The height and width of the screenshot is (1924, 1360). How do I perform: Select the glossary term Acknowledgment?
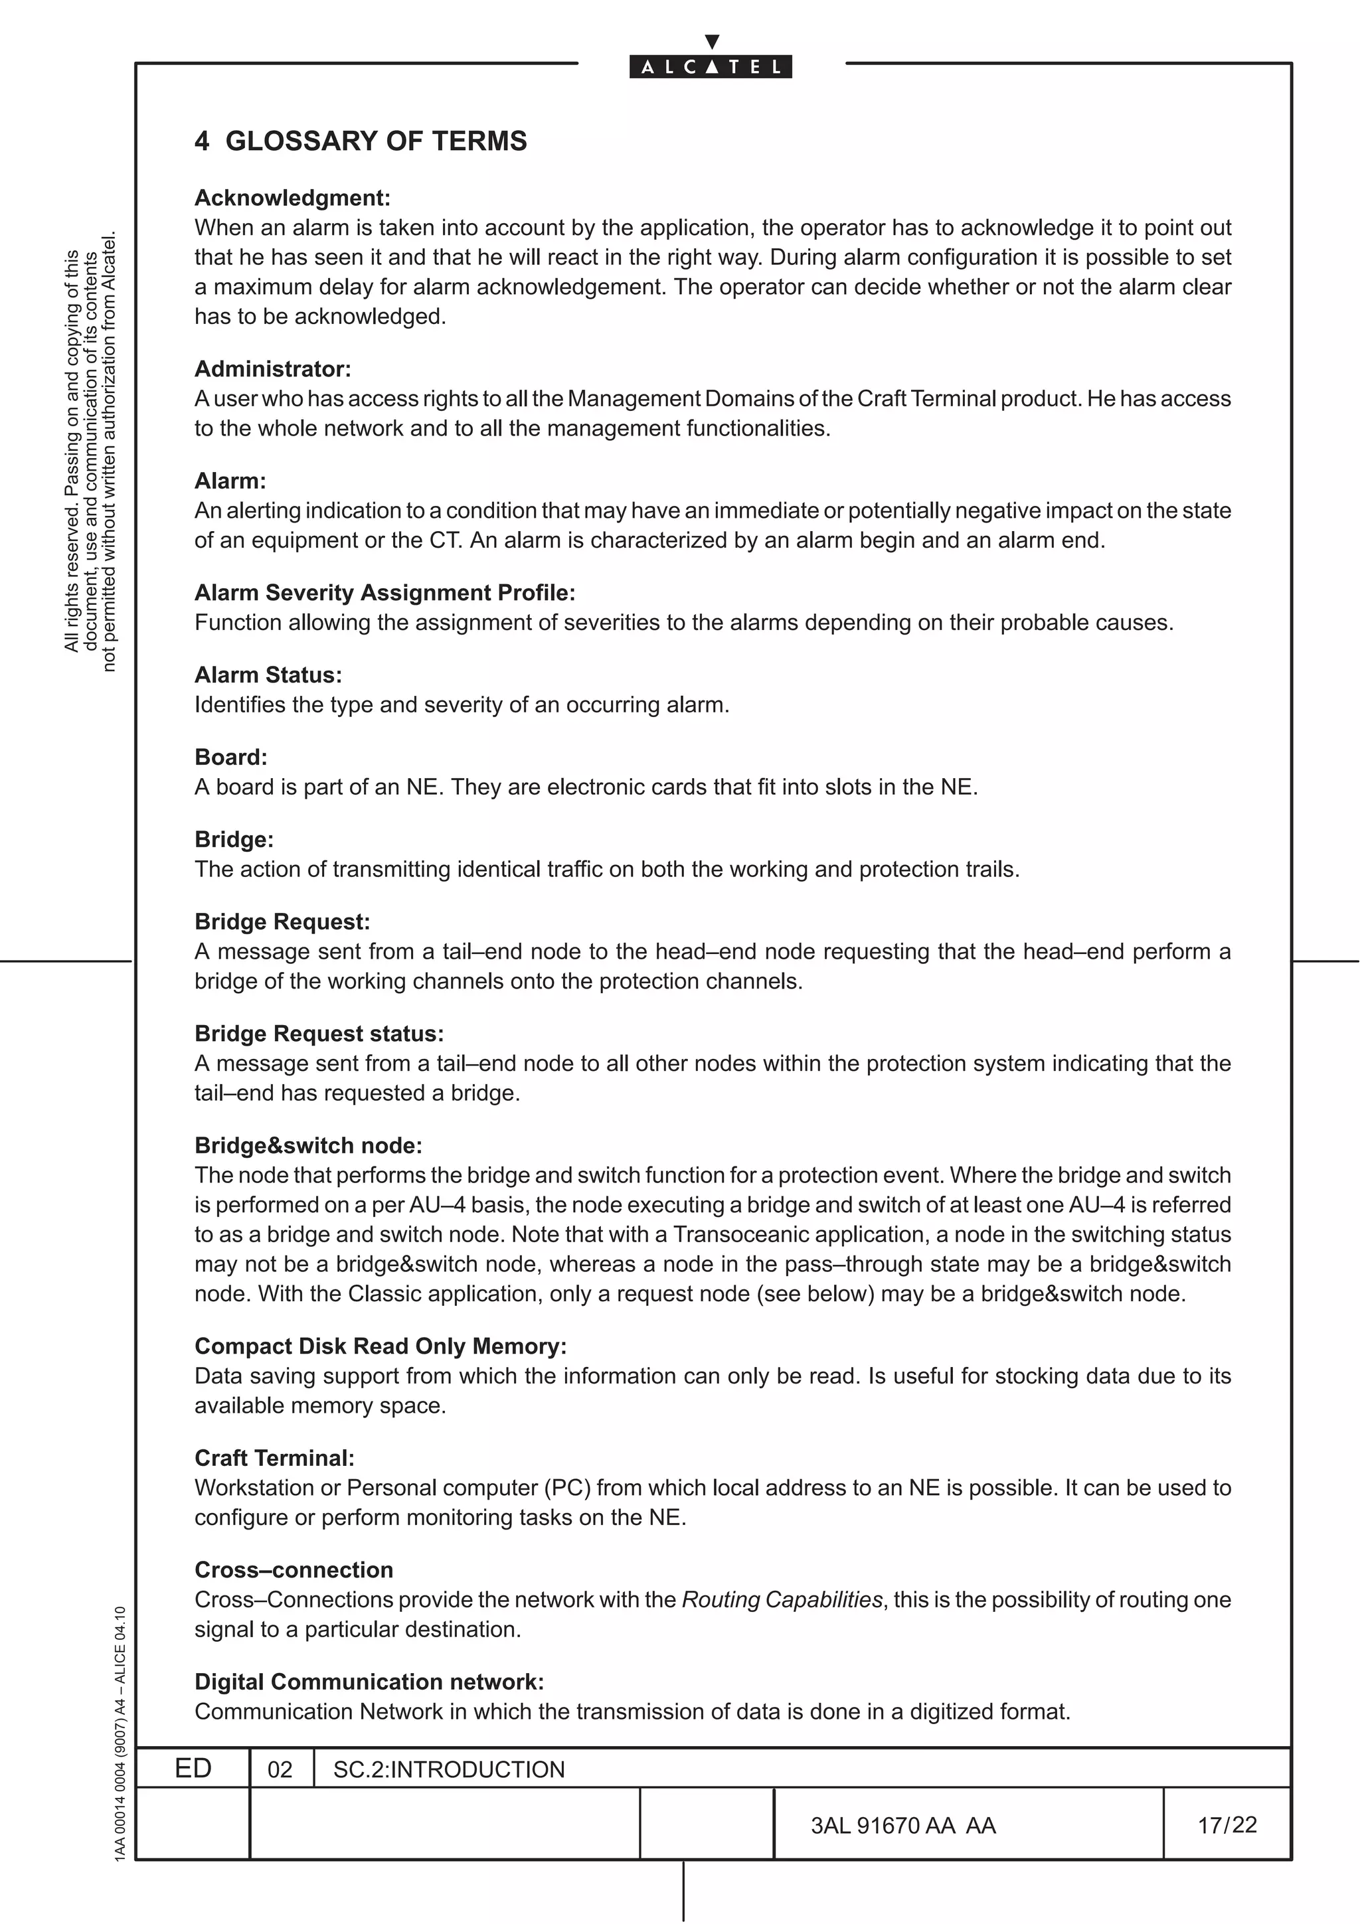(x=292, y=198)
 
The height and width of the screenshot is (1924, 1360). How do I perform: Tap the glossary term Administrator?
(x=272, y=368)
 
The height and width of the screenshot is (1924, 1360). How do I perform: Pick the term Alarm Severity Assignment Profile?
(x=384, y=592)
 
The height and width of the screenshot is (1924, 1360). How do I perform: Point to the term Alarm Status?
(x=268, y=675)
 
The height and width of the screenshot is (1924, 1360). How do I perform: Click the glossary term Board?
(x=230, y=757)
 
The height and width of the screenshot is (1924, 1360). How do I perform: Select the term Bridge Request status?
(x=319, y=1033)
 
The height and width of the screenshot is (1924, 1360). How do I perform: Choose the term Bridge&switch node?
(x=308, y=1145)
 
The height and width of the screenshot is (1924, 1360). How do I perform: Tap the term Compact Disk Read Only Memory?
(x=381, y=1346)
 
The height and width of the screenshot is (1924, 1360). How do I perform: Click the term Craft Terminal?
(x=274, y=1458)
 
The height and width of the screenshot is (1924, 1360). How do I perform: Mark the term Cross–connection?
(x=294, y=1569)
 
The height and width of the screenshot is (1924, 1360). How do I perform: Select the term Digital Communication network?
(x=369, y=1682)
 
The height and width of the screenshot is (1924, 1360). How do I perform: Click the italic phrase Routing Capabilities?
(x=782, y=1600)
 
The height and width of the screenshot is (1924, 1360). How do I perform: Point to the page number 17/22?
(x=1227, y=1825)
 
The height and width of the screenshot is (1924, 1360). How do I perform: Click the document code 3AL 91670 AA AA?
(x=902, y=1826)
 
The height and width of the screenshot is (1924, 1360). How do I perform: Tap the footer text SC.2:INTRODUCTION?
(x=448, y=1770)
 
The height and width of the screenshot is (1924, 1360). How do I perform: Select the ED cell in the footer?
(x=193, y=1768)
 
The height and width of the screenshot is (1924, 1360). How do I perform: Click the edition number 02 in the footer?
(x=280, y=1770)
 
